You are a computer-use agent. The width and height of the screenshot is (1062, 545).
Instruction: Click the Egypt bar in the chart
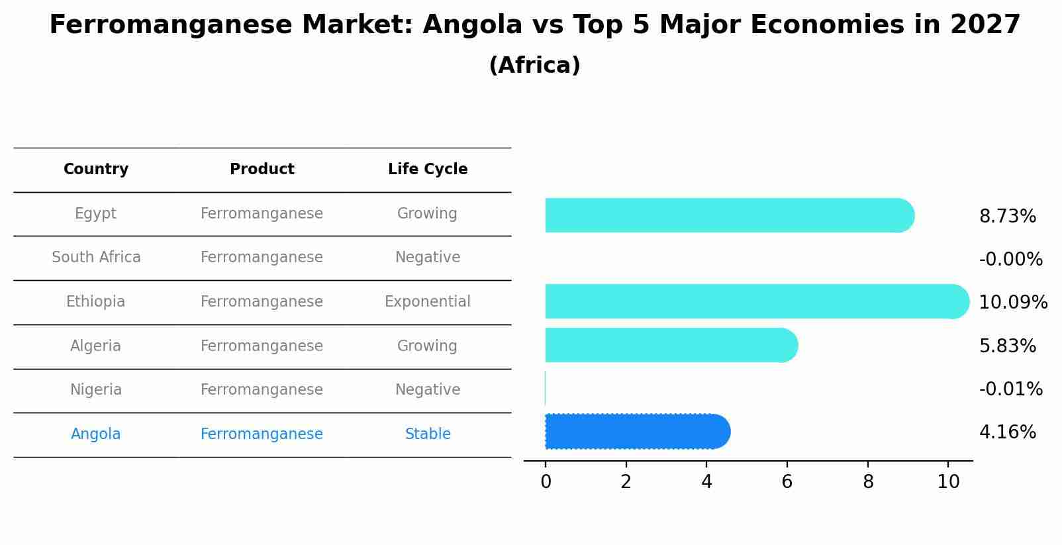coord(728,215)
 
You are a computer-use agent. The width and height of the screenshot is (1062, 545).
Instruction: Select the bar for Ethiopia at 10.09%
coord(755,301)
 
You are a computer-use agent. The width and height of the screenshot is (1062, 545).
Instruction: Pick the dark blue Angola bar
coord(636,432)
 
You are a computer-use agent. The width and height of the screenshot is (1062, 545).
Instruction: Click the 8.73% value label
coord(1007,217)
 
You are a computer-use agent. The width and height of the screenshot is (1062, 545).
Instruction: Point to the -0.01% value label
coord(1010,389)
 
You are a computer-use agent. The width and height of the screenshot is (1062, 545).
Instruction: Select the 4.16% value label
coord(1007,432)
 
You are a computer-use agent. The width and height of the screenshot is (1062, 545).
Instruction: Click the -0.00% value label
coord(1010,260)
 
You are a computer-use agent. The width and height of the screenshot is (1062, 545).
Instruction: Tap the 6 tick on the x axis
coord(787,482)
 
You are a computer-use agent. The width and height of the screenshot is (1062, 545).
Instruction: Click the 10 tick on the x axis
coord(948,482)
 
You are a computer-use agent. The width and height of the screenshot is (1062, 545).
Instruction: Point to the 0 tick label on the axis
coord(546,482)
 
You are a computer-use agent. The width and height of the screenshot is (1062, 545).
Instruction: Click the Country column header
coord(96,170)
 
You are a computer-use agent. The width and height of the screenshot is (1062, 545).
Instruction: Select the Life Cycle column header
coord(428,170)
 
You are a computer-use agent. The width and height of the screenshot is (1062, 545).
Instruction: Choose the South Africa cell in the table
coord(96,258)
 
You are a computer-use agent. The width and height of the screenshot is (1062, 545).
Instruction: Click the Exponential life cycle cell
coord(428,302)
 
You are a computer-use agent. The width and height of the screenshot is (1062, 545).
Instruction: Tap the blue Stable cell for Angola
coord(428,434)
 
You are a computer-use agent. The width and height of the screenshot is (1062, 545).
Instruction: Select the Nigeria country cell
coord(96,390)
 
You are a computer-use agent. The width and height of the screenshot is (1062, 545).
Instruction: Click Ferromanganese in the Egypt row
coord(262,214)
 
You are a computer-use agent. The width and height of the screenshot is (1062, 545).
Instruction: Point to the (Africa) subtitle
coord(534,66)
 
